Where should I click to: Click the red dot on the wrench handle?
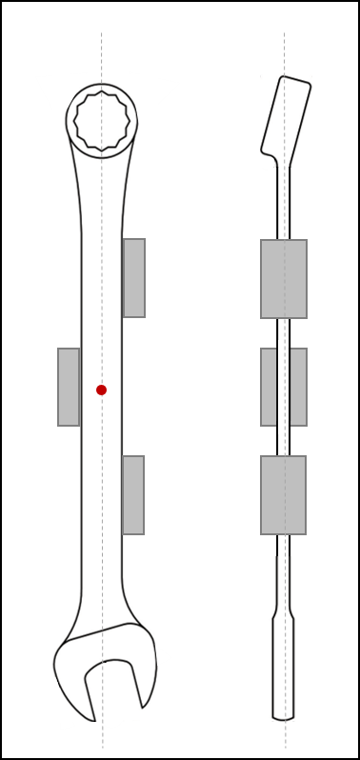coord(101,390)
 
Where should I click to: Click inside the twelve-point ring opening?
coord(102,121)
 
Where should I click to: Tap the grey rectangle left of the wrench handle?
coord(69,387)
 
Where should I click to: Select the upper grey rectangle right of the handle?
coord(134,278)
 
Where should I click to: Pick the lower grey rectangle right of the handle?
coord(133,495)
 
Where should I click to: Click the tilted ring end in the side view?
coord(286,120)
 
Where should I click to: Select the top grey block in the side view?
coord(284,279)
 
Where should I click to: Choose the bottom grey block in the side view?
coord(284,495)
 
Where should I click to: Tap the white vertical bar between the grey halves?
coord(283,387)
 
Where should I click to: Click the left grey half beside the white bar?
coord(269,387)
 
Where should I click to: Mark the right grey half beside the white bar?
coord(298,387)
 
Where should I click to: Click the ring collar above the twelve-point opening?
coord(102,89)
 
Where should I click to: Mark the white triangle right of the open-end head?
coord(164,657)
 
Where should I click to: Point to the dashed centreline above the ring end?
coord(102,52)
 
